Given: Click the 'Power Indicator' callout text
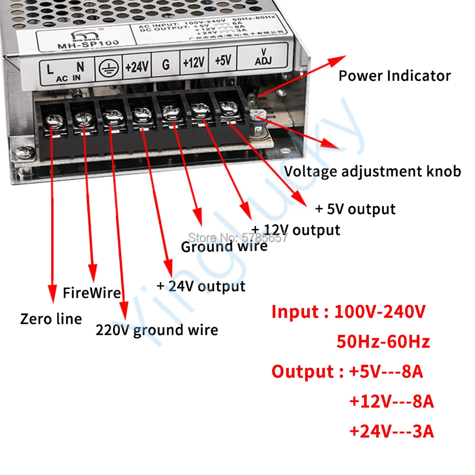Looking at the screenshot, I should [x=394, y=76].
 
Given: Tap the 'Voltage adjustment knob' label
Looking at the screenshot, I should [x=372, y=171].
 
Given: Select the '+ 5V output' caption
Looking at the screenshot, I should [x=355, y=209].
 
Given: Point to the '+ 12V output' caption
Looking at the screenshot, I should [x=295, y=230].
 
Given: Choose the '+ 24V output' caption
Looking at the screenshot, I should [x=201, y=286].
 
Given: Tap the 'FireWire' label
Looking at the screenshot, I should [x=92, y=293].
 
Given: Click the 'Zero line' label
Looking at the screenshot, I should [x=51, y=319].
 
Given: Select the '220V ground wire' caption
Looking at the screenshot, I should [x=157, y=330].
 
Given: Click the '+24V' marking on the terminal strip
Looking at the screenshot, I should [x=137, y=66].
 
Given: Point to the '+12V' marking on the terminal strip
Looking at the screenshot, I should [x=193, y=63].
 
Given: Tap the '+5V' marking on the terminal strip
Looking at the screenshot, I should [x=223, y=61].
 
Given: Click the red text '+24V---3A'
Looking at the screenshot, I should [x=391, y=431].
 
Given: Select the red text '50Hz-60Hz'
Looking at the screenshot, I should [x=383, y=342].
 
